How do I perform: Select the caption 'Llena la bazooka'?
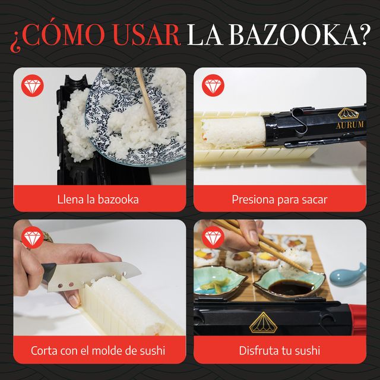point(98,199)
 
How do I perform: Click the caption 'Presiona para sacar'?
point(280,199)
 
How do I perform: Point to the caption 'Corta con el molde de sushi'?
point(98,351)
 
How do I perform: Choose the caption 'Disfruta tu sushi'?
point(280,351)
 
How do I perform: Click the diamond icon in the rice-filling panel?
point(32,85)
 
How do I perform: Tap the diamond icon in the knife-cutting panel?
point(32,237)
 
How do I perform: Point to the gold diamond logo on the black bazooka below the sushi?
point(263,322)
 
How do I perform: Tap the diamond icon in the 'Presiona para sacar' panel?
point(213,85)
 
